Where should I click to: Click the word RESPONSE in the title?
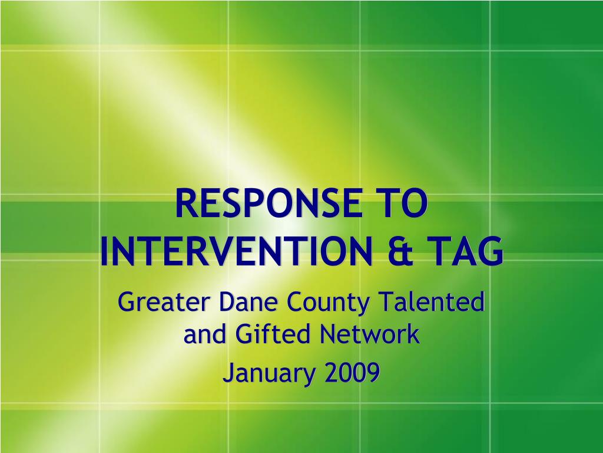coord(269,203)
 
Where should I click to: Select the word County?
coord(327,304)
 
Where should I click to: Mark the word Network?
coord(370,334)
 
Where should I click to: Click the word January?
coord(269,374)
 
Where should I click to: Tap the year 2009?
coord(352,373)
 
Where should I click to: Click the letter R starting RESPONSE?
coord(186,203)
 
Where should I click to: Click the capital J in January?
coord(228,373)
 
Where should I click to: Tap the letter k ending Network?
coord(413,334)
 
